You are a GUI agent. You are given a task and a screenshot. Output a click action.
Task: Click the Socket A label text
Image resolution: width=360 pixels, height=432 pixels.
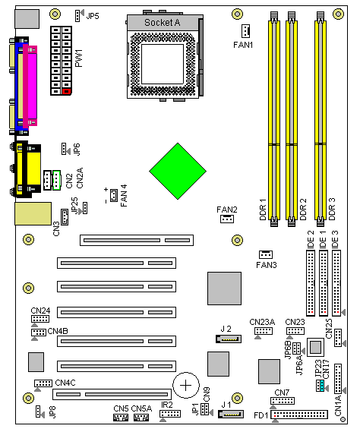pos(162,23)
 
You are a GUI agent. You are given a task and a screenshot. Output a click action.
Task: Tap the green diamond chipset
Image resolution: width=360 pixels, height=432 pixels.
pos(178,171)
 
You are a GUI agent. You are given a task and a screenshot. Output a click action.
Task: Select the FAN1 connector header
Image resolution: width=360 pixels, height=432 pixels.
pos(245,31)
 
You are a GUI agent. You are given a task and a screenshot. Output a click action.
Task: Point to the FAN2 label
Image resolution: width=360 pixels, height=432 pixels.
pos(227,210)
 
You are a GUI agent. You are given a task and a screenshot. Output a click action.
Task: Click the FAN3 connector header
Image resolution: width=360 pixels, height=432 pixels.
pos(266,254)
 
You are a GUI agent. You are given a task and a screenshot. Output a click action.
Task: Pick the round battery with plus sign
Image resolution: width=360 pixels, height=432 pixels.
pos(186,385)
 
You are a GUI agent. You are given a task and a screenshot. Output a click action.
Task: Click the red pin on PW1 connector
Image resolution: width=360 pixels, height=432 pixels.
pos(66,91)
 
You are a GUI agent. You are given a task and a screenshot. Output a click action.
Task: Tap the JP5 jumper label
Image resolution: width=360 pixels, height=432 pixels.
pos(93,16)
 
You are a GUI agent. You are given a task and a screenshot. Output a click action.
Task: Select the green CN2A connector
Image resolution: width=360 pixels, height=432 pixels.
pos(56,180)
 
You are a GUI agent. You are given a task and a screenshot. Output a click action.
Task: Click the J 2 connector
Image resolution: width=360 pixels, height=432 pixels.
pos(229,339)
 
